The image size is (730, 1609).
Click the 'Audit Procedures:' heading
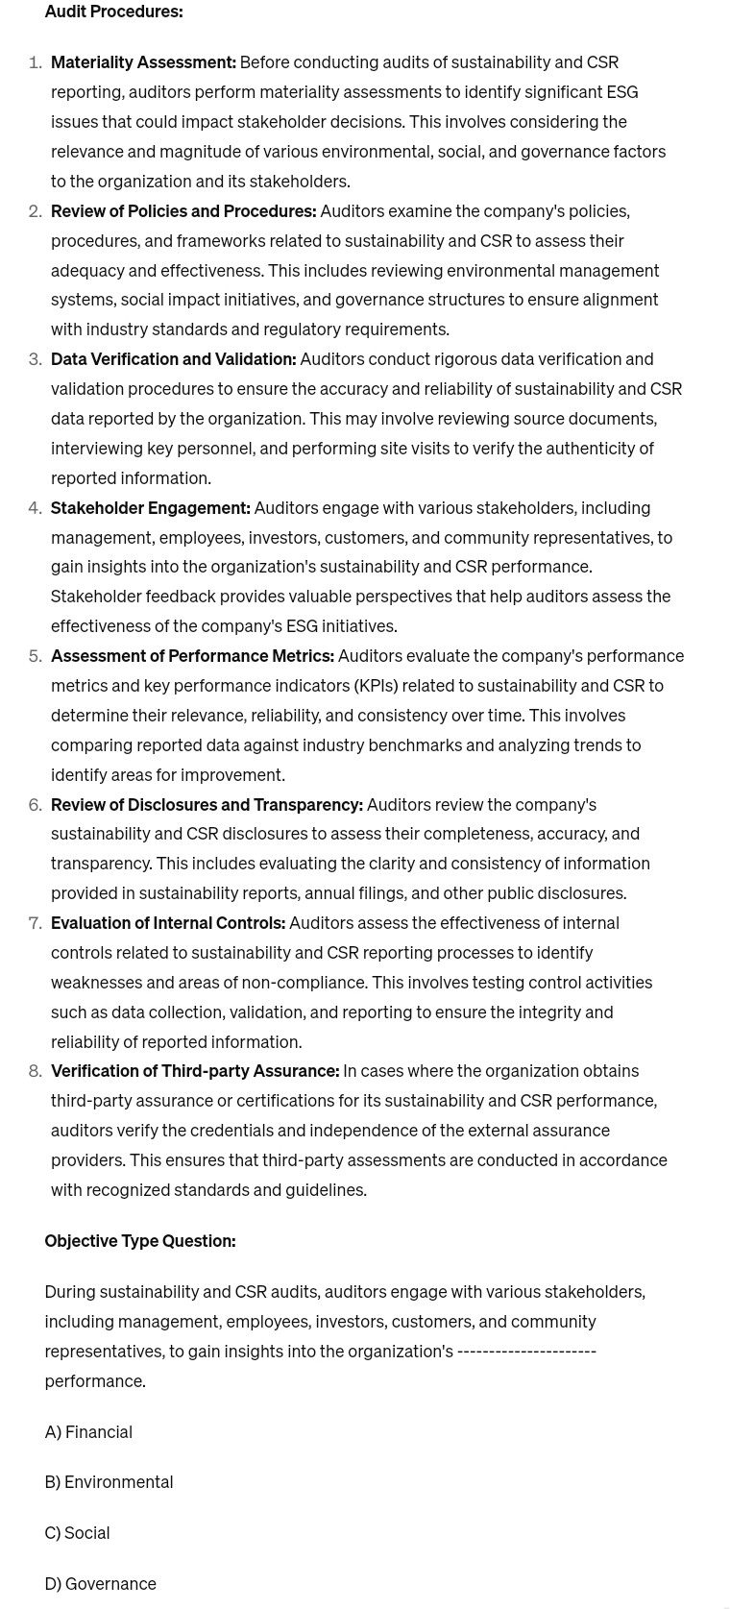[113, 12]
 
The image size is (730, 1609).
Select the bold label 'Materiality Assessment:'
[143, 62]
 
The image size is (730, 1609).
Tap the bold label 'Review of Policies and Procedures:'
[183, 210]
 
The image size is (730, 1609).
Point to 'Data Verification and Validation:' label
[173, 359]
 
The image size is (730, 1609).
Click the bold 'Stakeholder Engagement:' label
[151, 507]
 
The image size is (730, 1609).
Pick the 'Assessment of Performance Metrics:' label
[192, 656]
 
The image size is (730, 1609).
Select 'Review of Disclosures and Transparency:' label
[207, 804]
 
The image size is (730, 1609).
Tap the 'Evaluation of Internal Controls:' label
[168, 923]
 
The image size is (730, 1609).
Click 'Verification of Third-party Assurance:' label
[195, 1071]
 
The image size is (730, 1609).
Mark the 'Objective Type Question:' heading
[140, 1241]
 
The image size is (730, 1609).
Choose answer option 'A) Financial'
[88, 1432]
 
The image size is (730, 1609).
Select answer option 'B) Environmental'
[109, 1482]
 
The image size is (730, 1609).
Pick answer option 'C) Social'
[77, 1533]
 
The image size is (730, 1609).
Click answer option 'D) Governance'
[100, 1584]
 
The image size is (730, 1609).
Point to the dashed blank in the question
[526, 1352]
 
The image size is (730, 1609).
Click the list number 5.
[36, 656]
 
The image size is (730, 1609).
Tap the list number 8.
[36, 1071]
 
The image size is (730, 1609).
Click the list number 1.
[36, 62]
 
